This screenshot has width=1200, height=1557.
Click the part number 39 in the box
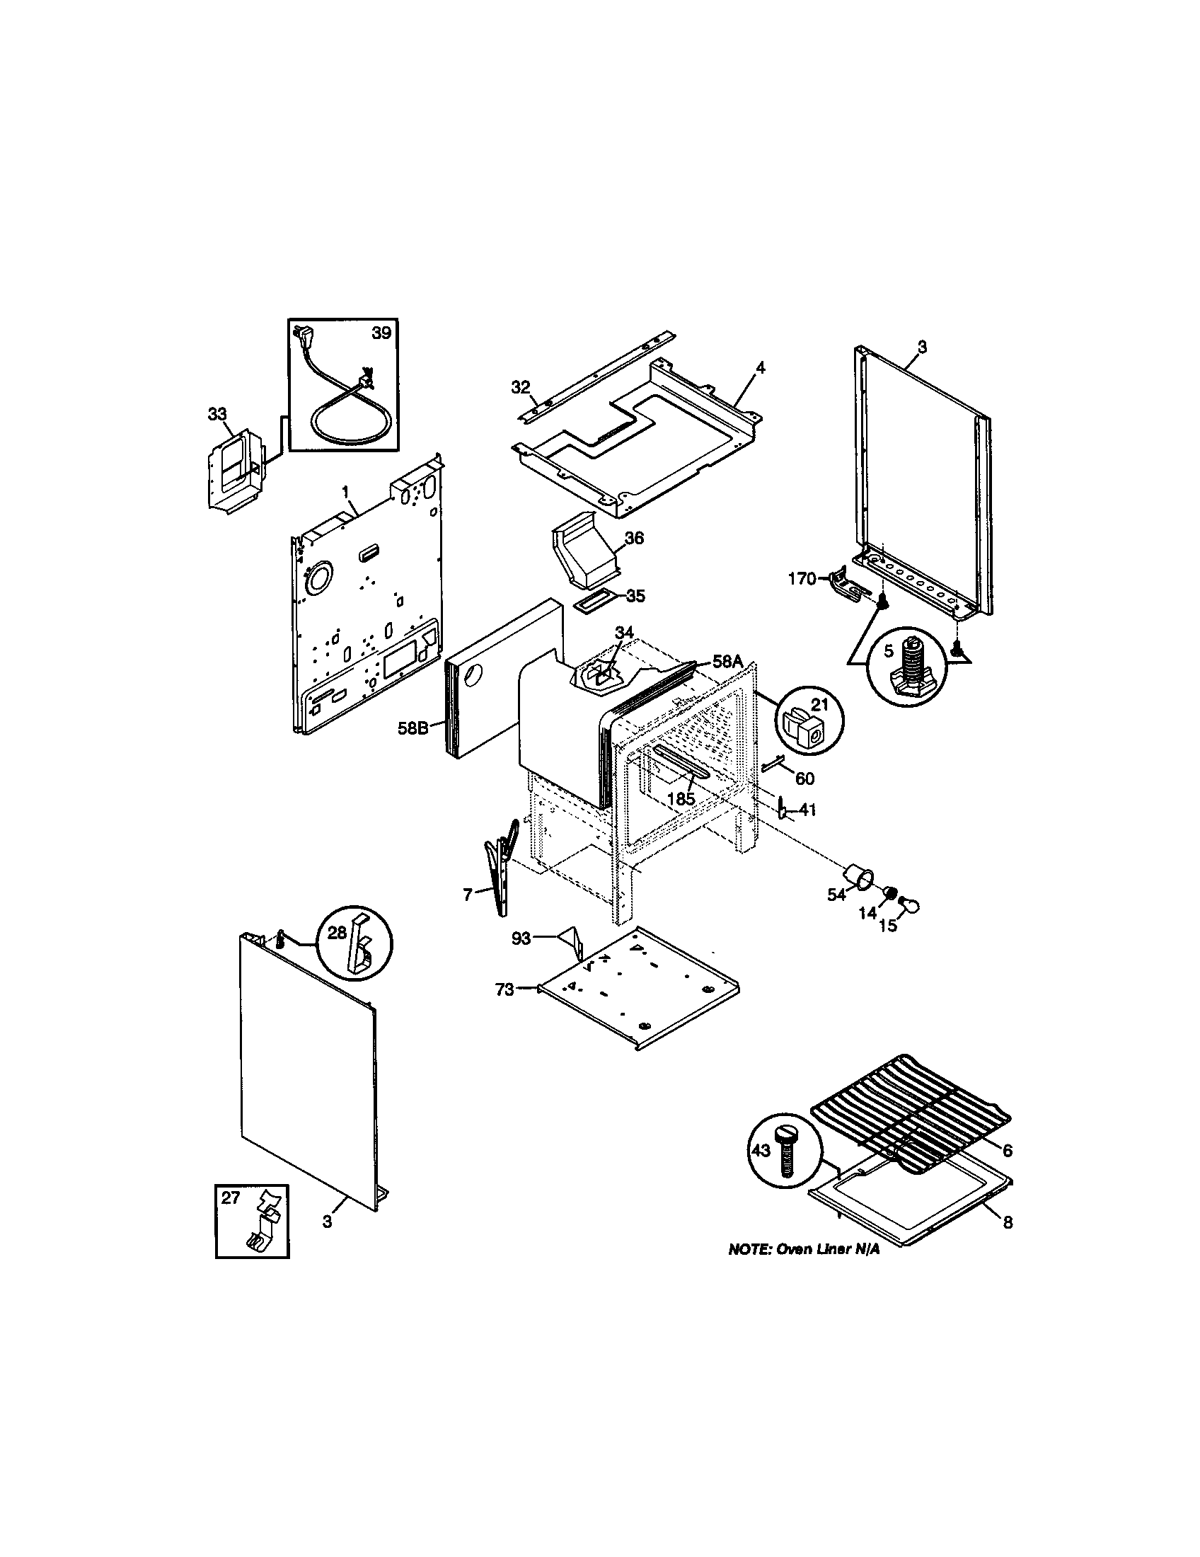pos(381,333)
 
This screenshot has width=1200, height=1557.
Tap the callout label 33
pos(217,413)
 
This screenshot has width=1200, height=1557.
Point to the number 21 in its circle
pos(820,704)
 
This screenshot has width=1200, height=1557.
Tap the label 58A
pos(727,662)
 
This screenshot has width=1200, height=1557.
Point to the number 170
pos(801,579)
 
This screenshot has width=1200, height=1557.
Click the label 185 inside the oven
pos(681,798)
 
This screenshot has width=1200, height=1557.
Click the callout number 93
pos(521,938)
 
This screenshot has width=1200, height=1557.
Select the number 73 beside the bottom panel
pos(504,989)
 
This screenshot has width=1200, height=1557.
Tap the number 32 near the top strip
pos(521,387)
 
